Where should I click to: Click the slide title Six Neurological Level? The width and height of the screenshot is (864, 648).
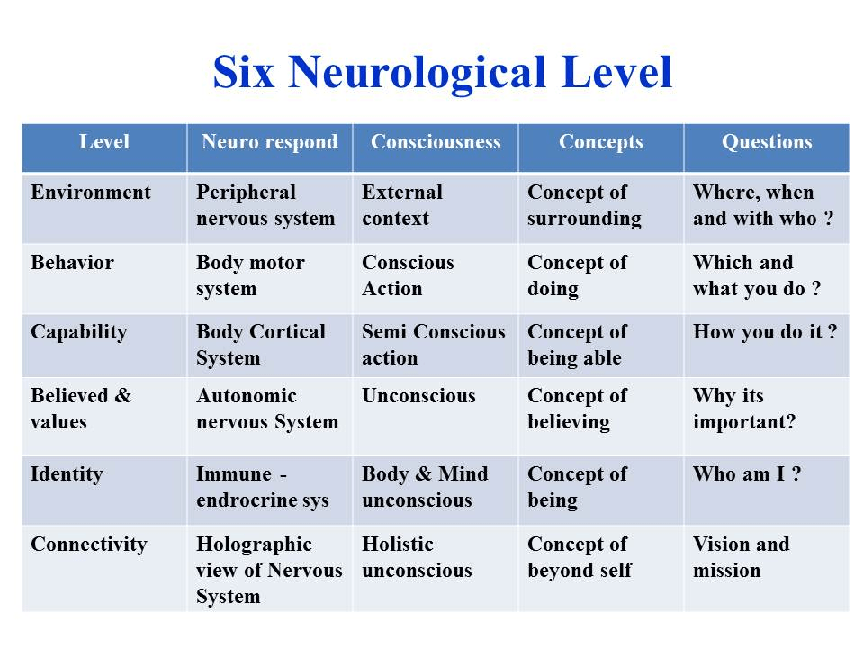click(x=443, y=72)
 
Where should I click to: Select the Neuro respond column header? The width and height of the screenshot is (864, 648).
click(x=269, y=142)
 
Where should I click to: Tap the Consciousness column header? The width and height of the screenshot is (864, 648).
click(x=436, y=141)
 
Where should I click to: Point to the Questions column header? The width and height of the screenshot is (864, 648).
click(x=767, y=142)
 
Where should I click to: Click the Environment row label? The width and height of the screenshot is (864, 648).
click(x=91, y=192)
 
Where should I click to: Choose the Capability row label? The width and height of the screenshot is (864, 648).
click(x=79, y=332)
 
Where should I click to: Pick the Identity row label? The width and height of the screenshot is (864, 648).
click(x=67, y=474)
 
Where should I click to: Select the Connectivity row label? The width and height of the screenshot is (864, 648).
click(x=89, y=544)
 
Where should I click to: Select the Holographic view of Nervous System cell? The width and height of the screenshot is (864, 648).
click(x=269, y=570)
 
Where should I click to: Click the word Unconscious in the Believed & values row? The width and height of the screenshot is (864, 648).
click(x=418, y=396)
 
